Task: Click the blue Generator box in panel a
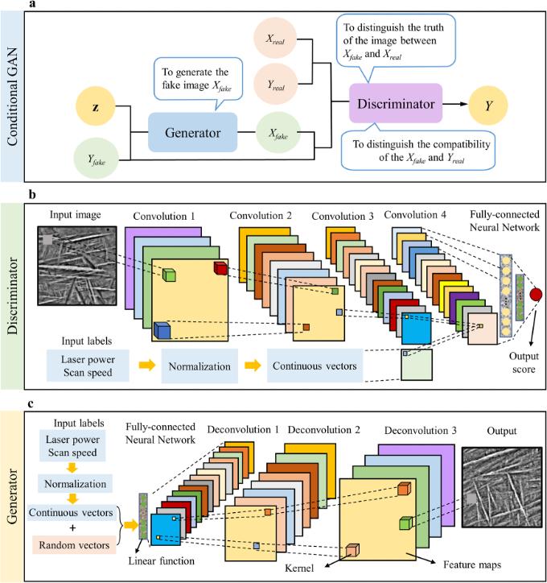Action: pos(193,132)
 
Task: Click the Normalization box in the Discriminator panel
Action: pos(199,366)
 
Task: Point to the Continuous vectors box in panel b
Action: pos(314,366)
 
